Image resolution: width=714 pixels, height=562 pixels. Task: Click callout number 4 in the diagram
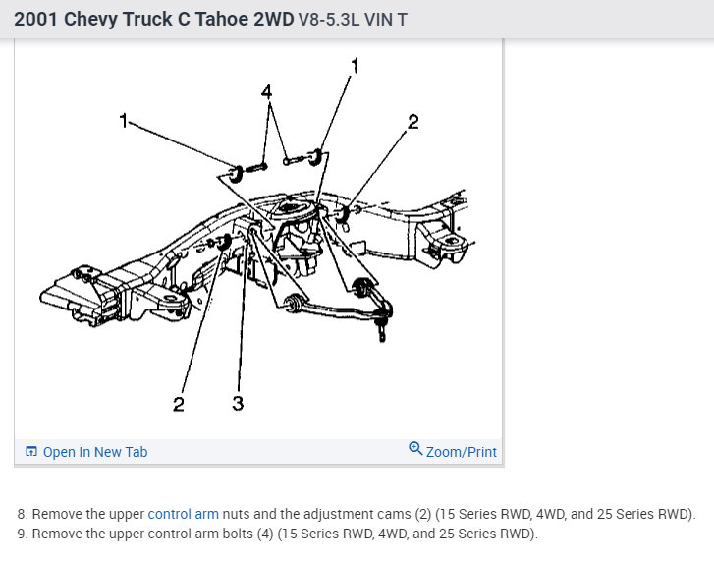(265, 92)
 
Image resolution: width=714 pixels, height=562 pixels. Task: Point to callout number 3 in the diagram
(238, 404)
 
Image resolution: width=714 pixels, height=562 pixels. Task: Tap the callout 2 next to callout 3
(178, 404)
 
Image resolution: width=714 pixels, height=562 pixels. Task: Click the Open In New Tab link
(95, 452)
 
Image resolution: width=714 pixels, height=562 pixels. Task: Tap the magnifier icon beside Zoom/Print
(415, 450)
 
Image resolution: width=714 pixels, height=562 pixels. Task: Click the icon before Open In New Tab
(31, 452)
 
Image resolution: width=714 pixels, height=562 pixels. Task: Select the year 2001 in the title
(35, 19)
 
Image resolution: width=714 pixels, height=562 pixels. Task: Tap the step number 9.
(22, 534)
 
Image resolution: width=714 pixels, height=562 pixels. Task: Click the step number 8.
(22, 514)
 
